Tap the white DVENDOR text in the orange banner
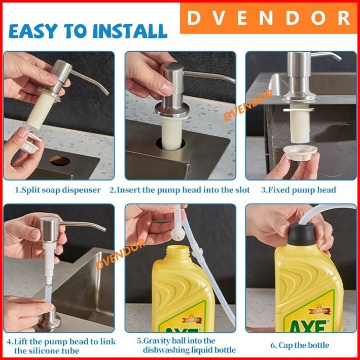point(268,18)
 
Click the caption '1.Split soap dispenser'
point(58,190)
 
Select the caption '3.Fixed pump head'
point(299,190)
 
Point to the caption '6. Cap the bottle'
point(300,345)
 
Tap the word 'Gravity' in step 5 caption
point(160,341)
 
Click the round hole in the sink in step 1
point(60,161)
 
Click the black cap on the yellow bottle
point(302,234)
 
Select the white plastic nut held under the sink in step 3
point(300,153)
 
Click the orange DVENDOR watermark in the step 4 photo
point(120,254)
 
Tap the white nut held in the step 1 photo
point(30,143)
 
